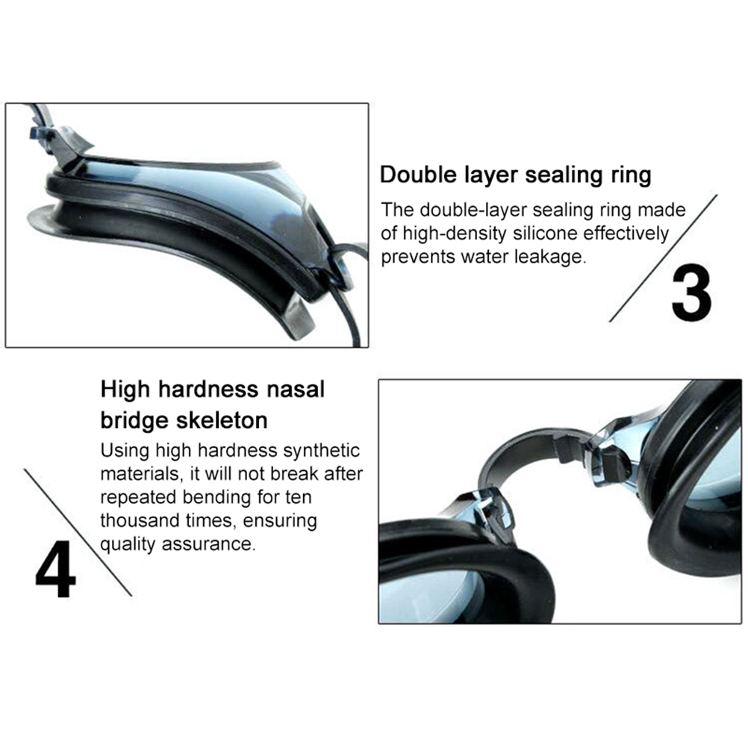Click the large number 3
point(691,293)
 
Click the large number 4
point(56,569)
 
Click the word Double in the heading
point(418,175)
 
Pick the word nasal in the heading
point(296,389)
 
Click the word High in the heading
point(125,390)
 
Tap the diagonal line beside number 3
point(663,258)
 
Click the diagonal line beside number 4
point(78,533)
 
